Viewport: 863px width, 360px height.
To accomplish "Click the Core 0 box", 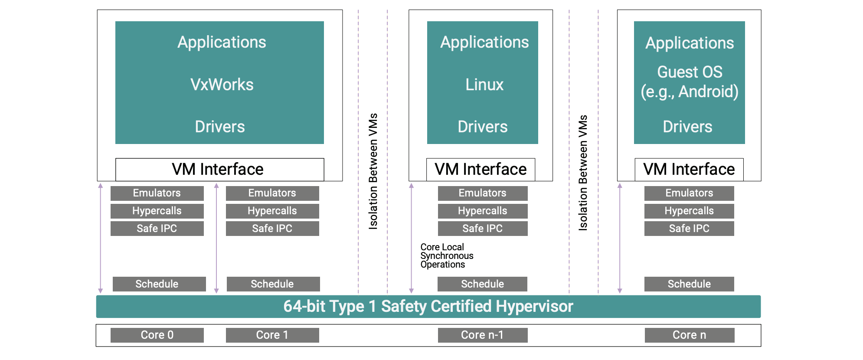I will pos(157,335).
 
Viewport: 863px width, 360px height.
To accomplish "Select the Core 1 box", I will pos(272,335).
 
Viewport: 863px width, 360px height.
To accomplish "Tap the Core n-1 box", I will pos(482,335).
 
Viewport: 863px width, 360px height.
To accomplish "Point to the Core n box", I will pos(689,335).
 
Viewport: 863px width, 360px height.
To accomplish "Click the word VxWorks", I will pos(222,85).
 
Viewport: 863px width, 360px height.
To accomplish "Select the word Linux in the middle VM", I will pos(484,85).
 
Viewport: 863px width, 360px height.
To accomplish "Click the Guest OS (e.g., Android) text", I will pos(690,82).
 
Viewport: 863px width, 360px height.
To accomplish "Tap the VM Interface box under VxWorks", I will pos(219,169).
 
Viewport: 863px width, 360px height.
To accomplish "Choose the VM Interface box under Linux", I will pos(481,169).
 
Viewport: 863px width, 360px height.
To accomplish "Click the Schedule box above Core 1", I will pos(273,284).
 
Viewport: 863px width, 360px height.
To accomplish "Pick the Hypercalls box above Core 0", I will pos(157,211).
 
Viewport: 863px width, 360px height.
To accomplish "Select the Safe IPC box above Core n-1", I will pos(482,229).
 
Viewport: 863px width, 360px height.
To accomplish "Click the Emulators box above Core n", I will pos(689,193).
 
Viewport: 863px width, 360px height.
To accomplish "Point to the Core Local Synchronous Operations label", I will pos(447,256).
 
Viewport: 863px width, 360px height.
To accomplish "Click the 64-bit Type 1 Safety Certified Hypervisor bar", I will pos(428,307).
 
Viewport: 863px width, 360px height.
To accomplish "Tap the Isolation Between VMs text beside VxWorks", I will pos(373,171).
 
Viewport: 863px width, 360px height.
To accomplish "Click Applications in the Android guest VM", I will pos(690,43).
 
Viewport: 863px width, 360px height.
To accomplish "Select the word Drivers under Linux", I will pos(482,127).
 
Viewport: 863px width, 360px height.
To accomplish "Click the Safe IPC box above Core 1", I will pos(272,229).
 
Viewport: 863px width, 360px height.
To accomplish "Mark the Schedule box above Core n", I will pos(689,284).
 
